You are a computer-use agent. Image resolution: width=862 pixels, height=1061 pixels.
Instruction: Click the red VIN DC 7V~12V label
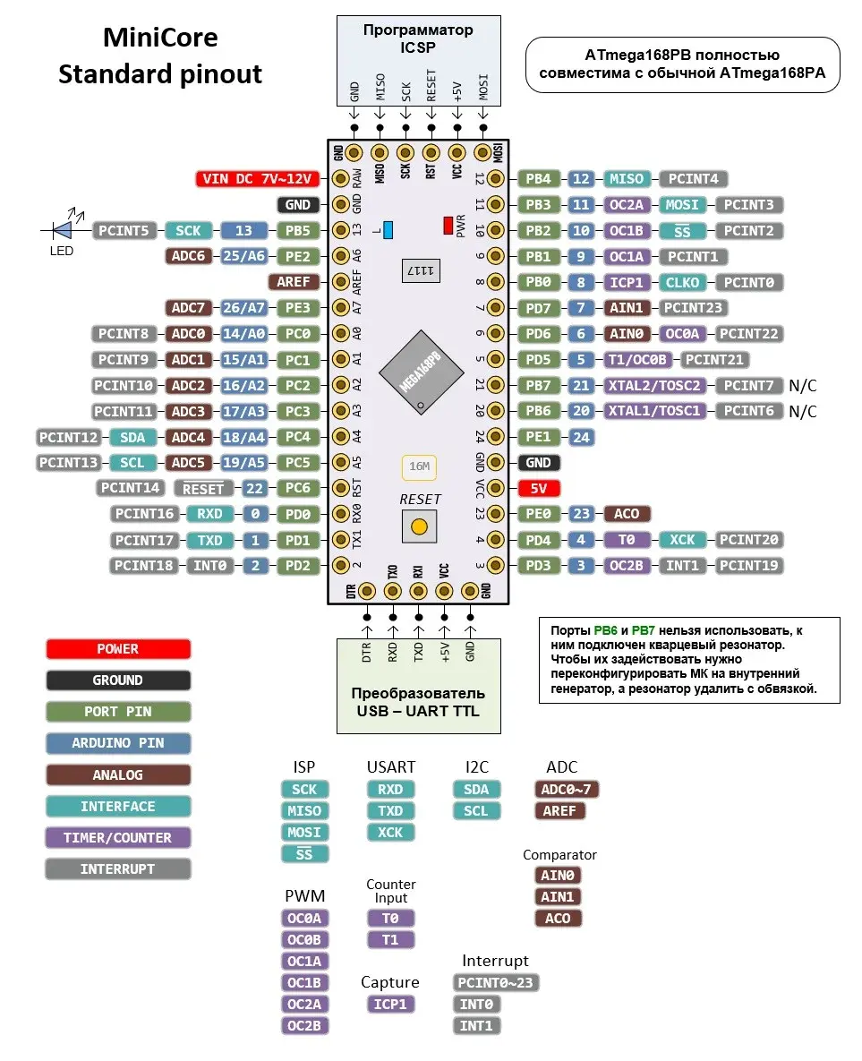pos(257,179)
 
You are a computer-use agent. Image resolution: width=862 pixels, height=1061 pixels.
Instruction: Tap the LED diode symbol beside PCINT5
pos(63,230)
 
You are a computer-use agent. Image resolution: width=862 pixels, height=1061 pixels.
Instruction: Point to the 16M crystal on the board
pos(420,466)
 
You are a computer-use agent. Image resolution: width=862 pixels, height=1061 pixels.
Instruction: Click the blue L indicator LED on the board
pos(388,230)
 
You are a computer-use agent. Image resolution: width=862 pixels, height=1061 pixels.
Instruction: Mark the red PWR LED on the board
pos(448,226)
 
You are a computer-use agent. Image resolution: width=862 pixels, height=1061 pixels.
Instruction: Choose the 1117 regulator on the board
pos(421,270)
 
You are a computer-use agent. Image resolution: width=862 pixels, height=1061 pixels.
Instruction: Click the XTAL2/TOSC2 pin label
pos(654,385)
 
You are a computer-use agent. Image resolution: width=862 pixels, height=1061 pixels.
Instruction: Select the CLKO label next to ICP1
pos(682,282)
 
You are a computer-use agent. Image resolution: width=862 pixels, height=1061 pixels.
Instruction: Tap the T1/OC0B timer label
pos(637,359)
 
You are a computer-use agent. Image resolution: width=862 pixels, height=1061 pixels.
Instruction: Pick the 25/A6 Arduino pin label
pos(243,256)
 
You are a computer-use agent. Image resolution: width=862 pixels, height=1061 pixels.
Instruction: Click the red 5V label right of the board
pos(539,488)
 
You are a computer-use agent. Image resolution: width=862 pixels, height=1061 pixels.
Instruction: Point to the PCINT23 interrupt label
pos(693,308)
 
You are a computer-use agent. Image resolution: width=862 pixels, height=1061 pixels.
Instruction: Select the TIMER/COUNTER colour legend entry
pos(118,838)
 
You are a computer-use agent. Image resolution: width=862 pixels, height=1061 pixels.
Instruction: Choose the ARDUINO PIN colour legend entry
pos(118,743)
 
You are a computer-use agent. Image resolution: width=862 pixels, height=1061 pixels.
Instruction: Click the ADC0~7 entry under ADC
pos(567,789)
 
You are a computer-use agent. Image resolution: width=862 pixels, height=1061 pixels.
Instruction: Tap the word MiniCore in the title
pos(160,38)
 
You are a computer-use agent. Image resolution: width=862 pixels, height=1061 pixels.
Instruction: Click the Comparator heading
pos(559,854)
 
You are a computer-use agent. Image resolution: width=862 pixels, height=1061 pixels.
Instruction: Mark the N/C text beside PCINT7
pos(802,386)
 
